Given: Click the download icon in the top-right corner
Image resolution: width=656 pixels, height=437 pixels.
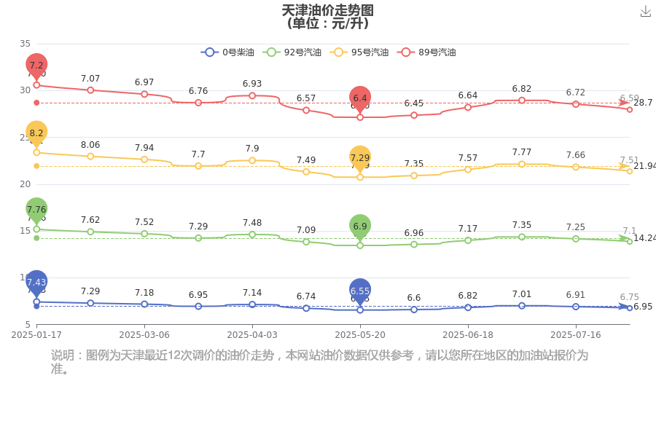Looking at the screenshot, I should pos(645,11).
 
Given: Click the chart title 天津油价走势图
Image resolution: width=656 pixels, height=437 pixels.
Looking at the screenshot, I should pos(327,10).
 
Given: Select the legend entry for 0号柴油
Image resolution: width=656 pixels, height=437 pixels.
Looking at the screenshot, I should pos(228,52).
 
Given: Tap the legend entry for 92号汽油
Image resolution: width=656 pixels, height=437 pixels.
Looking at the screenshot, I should pos(293,52).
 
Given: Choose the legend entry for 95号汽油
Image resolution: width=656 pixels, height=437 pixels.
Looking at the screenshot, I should pos(359,52).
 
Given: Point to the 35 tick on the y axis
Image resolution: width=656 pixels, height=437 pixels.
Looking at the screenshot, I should pos(26,44).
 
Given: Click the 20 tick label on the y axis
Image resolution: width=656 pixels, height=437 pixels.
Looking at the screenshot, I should pos(26,184).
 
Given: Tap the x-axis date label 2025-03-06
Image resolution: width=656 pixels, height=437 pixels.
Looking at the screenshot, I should pos(144,335).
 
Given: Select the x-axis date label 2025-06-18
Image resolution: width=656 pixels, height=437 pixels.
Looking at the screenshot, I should pos(468,335).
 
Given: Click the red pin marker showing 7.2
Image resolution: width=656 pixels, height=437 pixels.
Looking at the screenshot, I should pos(36,66).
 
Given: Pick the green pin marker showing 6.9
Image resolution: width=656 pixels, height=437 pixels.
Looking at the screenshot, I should pos(360,227).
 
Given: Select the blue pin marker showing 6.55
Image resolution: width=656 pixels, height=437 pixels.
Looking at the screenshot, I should pos(360,291).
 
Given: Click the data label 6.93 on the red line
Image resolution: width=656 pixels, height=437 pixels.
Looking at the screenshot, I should pos(252,84).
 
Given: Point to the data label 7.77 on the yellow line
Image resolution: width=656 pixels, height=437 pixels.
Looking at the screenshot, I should pos(522,152).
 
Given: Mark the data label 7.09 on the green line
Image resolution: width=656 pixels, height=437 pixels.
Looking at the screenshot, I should pos(306,230).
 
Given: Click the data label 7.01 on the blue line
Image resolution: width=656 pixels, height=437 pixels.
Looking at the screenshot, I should pos(522,294).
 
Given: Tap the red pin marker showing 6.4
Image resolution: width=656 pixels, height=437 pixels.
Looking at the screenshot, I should pos(360,98).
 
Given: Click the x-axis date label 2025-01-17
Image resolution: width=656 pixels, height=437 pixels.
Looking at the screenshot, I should pos(36,335).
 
